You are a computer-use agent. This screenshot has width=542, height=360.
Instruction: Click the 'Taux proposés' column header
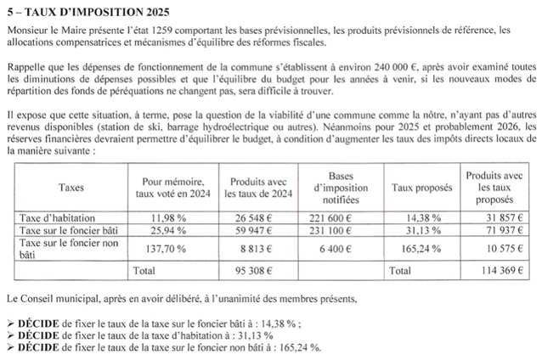point(421,186)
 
